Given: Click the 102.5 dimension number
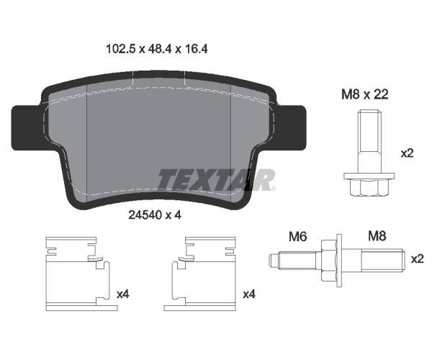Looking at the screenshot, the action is tap(121, 49).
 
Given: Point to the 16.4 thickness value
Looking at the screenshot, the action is tap(196, 49).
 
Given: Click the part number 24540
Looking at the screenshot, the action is tap(145, 215).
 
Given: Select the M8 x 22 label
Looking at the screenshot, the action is tap(365, 94).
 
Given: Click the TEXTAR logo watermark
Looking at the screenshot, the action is tap(216, 179).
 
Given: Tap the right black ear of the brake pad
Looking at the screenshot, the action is tap(292, 128).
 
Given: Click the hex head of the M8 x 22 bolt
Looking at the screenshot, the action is tap(369, 187).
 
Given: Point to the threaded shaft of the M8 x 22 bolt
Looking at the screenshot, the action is tap(369, 141).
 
